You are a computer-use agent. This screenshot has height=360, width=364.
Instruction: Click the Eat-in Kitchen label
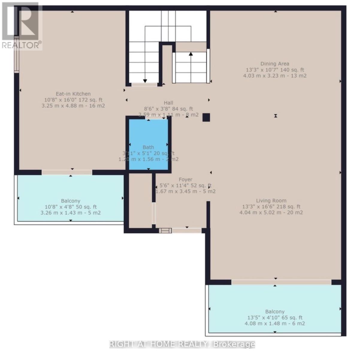pyautogui.click(x=73, y=94)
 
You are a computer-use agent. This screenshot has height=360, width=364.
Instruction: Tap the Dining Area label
pyautogui.click(x=274, y=64)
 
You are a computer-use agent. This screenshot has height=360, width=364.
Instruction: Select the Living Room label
pyautogui.click(x=271, y=201)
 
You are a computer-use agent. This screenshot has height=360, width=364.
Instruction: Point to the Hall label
pyautogui.click(x=168, y=103)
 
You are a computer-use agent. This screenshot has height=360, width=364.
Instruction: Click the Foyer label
pyautogui.click(x=185, y=179)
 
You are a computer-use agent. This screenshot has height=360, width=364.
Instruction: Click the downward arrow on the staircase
pyautogui.click(x=145, y=80)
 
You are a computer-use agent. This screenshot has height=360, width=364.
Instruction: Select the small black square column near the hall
pyautogui.click(x=206, y=117)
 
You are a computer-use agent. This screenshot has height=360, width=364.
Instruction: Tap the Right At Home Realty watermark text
pyautogui.click(x=182, y=344)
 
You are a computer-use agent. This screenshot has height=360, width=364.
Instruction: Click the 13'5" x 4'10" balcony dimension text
pyautogui.click(x=275, y=318)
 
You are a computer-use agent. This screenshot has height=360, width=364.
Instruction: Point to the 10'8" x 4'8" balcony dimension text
pyautogui.click(x=71, y=207)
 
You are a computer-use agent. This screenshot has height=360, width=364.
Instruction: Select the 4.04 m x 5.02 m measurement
pyautogui.click(x=271, y=213)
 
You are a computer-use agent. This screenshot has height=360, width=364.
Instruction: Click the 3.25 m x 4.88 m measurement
pyautogui.click(x=73, y=106)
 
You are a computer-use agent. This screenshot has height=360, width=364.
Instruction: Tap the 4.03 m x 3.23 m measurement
pyautogui.click(x=274, y=76)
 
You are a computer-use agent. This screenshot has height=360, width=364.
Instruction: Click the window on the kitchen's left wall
pyautogui.click(x=16, y=54)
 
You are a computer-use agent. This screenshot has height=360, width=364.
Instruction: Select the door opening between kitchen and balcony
pyautogui.click(x=67, y=172)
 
